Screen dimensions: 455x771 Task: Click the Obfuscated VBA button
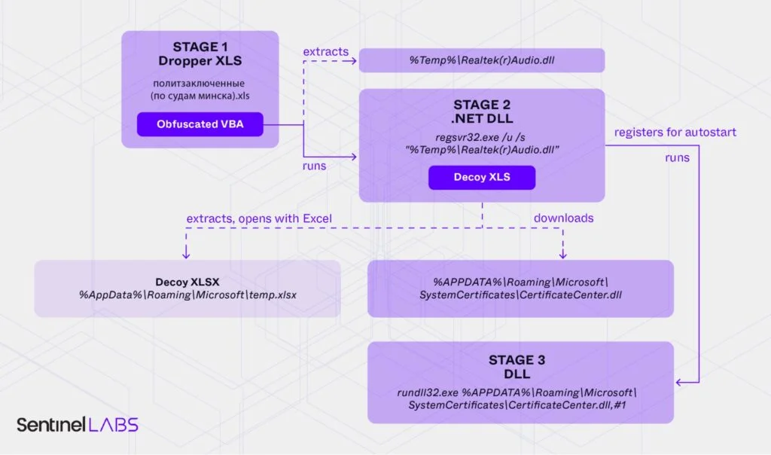pos(200,124)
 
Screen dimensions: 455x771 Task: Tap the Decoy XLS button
pos(482,178)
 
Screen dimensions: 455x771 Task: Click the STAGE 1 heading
pos(200,47)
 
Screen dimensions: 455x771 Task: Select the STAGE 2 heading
pos(482,105)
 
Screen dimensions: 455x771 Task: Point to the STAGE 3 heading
pos(520,359)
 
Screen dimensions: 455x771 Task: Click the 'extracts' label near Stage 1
pos(325,52)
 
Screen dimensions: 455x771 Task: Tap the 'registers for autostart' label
pos(675,133)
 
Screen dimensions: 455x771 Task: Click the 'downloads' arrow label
pos(563,218)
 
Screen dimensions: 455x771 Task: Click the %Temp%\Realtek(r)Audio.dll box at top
pos(481,60)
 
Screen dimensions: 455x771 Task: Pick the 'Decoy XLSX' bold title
pos(188,282)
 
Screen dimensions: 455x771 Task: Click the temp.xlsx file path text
pos(188,295)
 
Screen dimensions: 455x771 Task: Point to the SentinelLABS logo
pos(78,424)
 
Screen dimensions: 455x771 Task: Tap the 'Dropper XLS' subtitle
pos(200,61)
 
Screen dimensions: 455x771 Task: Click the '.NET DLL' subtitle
pos(482,118)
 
